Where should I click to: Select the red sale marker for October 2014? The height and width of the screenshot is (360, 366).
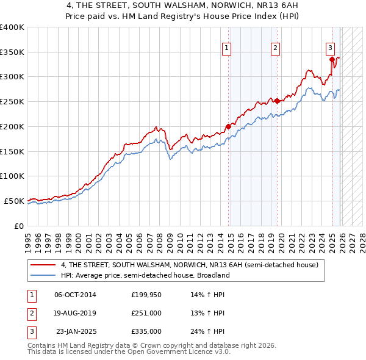(229, 126)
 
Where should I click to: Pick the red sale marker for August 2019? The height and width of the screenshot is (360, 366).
(277, 101)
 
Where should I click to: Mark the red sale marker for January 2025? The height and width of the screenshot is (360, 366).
(332, 59)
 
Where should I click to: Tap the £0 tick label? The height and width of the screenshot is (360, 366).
(18, 226)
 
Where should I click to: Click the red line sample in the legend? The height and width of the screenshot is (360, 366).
(43, 265)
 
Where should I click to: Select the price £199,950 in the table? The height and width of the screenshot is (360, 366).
(146, 295)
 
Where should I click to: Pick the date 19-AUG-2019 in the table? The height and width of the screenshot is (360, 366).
(75, 313)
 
